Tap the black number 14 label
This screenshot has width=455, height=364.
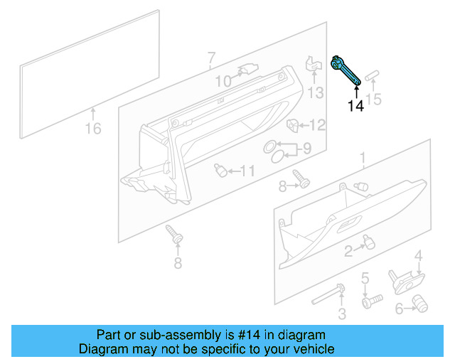click(x=355, y=106)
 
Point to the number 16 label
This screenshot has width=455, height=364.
click(x=93, y=129)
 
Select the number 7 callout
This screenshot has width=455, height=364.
click(x=211, y=57)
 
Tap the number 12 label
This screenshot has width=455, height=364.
click(x=316, y=126)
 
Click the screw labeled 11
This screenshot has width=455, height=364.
click(x=220, y=170)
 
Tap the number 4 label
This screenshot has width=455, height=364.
click(x=419, y=256)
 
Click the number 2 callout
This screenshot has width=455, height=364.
click(x=348, y=250)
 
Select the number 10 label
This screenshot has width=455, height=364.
click(x=223, y=82)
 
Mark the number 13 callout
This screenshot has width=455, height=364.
click(x=316, y=92)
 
